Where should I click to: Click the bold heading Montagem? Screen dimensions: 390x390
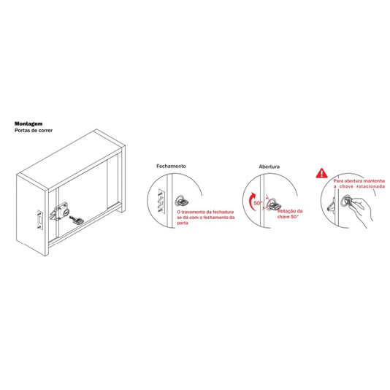coord(28,123)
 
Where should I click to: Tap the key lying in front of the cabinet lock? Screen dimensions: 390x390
coord(77,220)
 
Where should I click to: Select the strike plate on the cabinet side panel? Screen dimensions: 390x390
coord(40,220)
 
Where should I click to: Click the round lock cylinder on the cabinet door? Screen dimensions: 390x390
coord(66,212)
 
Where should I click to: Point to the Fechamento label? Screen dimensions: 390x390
coord(171,166)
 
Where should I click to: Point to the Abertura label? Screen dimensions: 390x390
coord(269,167)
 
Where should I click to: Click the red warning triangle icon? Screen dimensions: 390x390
coord(321,173)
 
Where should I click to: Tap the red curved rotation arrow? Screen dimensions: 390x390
coord(252,201)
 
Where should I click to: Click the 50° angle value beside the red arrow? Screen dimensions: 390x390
coord(258,203)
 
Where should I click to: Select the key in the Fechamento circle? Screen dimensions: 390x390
coord(182,201)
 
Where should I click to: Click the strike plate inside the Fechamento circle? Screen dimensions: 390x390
coord(161,200)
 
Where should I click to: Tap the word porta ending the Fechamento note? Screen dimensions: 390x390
coord(183,223)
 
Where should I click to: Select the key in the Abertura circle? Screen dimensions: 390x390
coord(274,205)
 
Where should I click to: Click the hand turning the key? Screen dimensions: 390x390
coord(361,211)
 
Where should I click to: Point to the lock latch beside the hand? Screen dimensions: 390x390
coord(332,204)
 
